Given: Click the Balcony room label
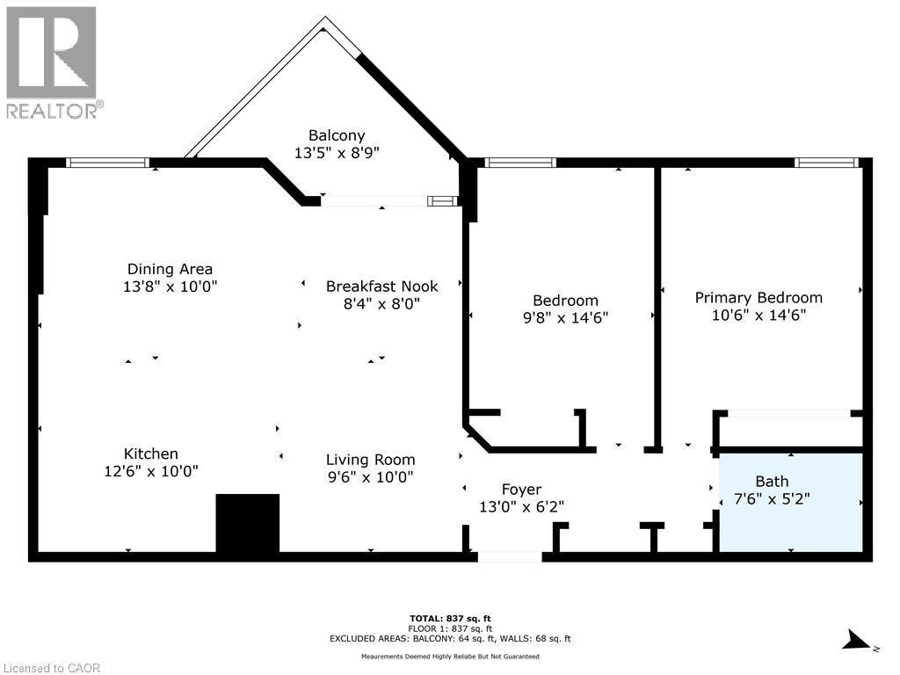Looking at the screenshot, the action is (337, 135).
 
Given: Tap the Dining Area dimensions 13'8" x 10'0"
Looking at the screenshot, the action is (170, 287).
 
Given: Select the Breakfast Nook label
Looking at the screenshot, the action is (381, 287).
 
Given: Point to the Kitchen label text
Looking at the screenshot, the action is (151, 454).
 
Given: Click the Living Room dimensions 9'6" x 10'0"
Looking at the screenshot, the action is (370, 477).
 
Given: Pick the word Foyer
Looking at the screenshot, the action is (521, 490).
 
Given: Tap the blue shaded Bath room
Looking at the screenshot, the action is (791, 502).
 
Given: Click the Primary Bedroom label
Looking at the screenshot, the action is (758, 298).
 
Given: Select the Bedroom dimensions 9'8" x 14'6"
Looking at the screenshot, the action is (565, 317).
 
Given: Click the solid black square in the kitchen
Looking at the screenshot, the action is (247, 523).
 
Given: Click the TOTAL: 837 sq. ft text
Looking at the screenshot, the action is (450, 619).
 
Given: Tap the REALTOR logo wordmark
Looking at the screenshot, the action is (55, 110).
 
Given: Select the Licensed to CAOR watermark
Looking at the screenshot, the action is (50, 668).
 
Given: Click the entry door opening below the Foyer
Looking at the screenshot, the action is (510, 556).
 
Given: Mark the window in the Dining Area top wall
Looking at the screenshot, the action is (108, 163).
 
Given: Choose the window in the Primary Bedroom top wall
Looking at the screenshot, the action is (826, 163).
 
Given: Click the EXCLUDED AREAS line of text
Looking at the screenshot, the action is (450, 638).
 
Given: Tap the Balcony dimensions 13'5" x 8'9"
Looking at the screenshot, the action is (337, 153).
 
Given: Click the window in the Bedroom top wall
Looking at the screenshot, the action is (520, 163).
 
